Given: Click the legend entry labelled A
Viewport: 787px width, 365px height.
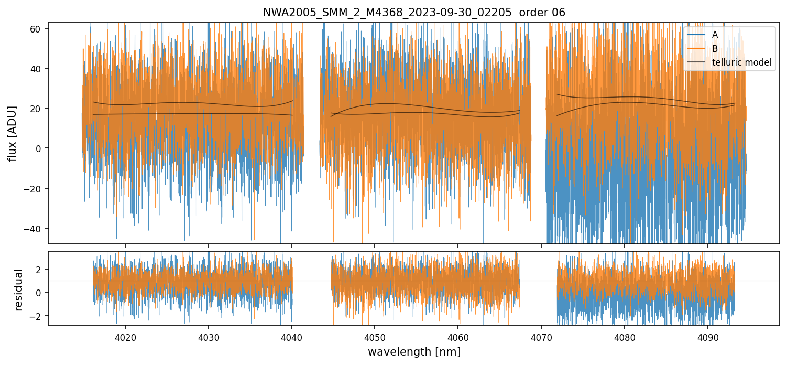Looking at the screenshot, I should (x=715, y=35).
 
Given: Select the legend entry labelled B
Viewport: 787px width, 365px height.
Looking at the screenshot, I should (x=715, y=49).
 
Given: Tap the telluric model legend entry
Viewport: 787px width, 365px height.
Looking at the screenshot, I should (x=741, y=62).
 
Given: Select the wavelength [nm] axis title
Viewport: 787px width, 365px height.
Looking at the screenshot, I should (x=414, y=352).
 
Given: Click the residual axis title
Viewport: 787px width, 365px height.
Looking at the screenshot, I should (x=19, y=289).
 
